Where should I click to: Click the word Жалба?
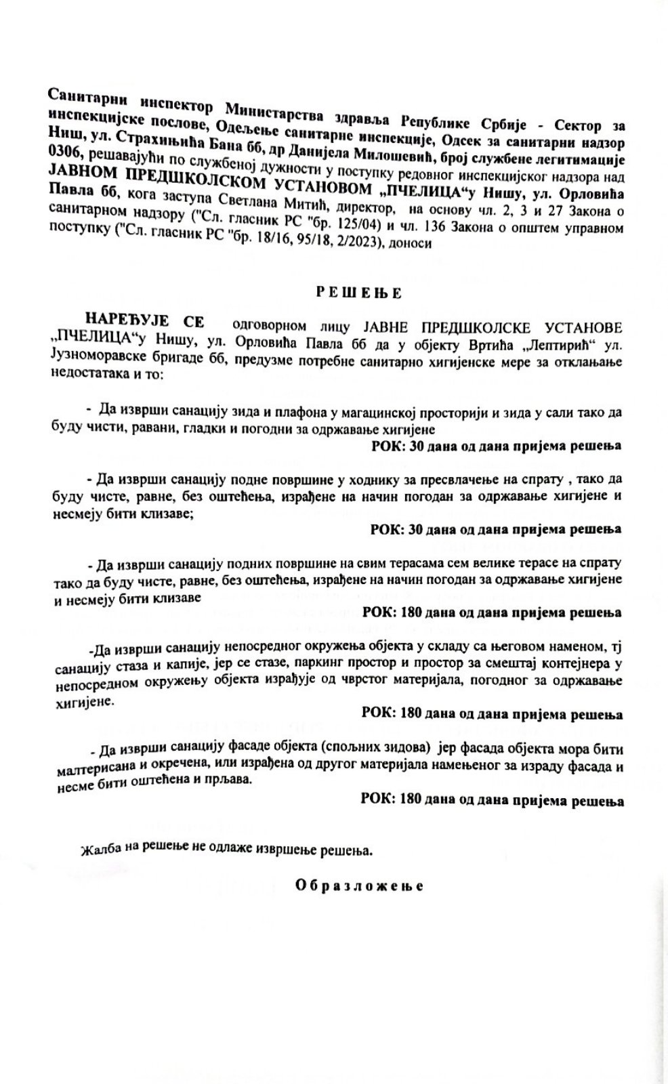[97, 850]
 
